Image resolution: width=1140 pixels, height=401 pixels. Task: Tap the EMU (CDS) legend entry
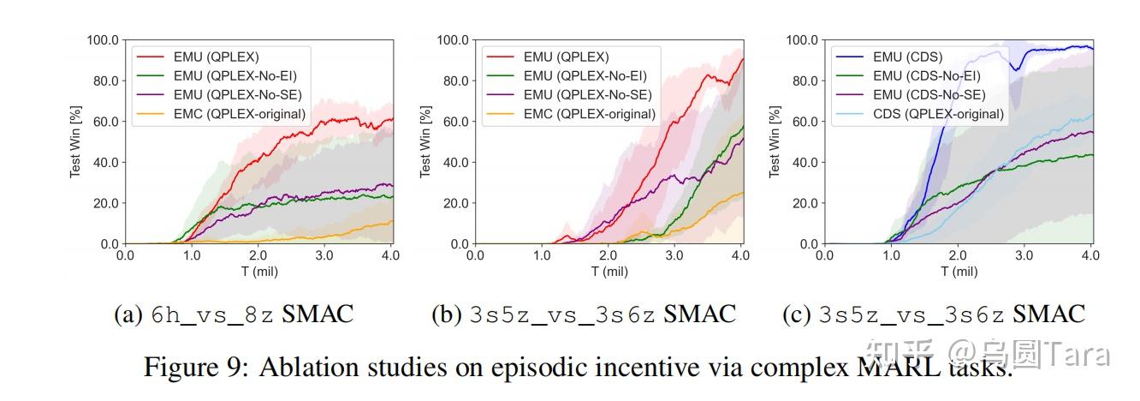pyautogui.click(x=907, y=57)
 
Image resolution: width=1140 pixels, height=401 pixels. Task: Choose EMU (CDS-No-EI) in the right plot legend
pyautogui.click(x=925, y=75)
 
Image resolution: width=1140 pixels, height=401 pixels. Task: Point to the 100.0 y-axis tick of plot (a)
pyautogui.click(x=103, y=40)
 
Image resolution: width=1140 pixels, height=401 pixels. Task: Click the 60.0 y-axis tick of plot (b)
pyautogui.click(x=452, y=122)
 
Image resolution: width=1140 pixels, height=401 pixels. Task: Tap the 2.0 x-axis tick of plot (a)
pyautogui.click(x=258, y=255)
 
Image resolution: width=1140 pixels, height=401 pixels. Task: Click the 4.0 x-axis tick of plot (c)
pyautogui.click(x=1090, y=255)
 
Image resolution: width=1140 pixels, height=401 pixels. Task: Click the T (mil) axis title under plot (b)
pyautogui.click(x=609, y=272)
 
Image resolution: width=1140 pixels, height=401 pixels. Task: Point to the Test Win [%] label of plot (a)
pyautogui.click(x=74, y=141)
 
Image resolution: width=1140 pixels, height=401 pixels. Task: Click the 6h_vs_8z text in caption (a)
pyautogui.click(x=213, y=314)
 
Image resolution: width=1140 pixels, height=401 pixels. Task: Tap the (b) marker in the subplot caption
pyautogui.click(x=447, y=314)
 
